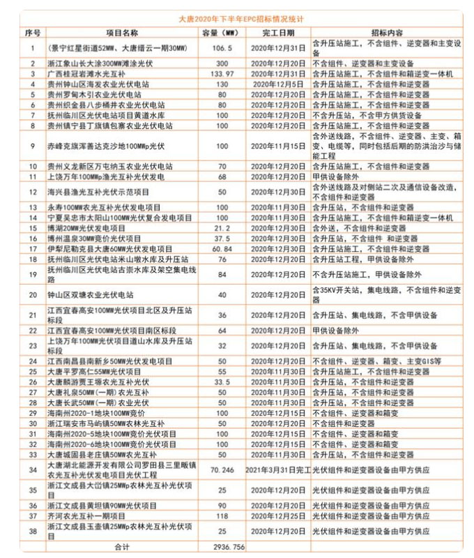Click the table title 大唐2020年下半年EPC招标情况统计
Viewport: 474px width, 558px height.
tap(237, 20)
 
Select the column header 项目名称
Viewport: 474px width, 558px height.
tap(122, 33)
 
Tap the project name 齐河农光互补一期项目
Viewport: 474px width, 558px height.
tap(91, 515)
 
